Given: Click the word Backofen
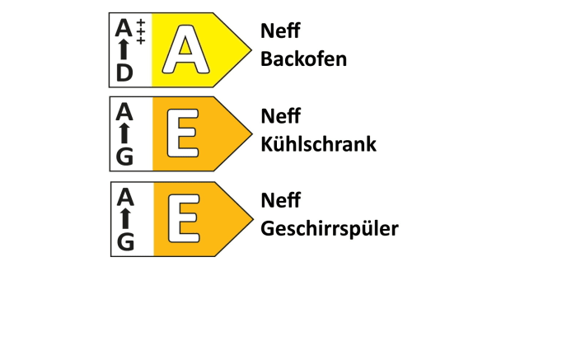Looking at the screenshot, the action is click(303, 58).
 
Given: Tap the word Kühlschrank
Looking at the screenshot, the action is click(319, 143).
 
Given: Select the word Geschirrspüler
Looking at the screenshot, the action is click(330, 230).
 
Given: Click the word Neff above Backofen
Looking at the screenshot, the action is click(280, 30).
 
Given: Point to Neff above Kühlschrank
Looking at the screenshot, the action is click(280, 115).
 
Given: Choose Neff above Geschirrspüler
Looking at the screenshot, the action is click(280, 200).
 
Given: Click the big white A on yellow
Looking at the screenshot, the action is click(186, 49).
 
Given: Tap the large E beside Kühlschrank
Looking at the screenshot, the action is click(183, 133).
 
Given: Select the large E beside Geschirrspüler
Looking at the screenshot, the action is click(184, 218).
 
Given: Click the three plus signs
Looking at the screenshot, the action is click(141, 32).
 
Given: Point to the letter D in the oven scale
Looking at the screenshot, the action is click(124, 72).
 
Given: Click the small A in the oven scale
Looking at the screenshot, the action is click(124, 28).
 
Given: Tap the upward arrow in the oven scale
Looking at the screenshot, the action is click(124, 49).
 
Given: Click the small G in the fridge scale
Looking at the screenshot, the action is click(124, 157).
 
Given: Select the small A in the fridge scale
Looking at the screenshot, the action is click(124, 112).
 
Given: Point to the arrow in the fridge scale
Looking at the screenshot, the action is click(124, 133).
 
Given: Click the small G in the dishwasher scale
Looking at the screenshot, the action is click(125, 242).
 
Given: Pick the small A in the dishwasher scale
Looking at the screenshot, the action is click(125, 197).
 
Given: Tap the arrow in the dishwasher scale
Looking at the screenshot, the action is click(125, 218).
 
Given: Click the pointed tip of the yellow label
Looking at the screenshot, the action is click(251, 50).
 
